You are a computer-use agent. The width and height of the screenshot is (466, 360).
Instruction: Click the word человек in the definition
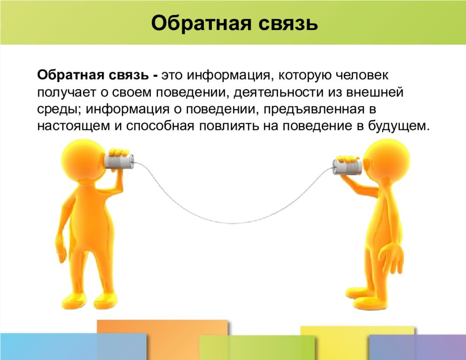click(x=362, y=75)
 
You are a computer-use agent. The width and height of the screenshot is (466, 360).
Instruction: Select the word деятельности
click(x=279, y=92)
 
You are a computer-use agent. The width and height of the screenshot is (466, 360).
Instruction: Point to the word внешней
click(x=375, y=92)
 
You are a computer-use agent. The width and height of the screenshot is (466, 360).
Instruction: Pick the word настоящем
click(x=74, y=126)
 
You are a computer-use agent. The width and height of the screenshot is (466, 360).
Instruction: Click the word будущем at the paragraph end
click(x=399, y=126)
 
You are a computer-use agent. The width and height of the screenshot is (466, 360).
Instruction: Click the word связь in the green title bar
click(x=288, y=23)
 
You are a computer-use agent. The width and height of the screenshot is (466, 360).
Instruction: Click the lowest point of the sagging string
click(x=235, y=223)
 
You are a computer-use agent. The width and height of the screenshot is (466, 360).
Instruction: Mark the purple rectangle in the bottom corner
click(x=417, y=347)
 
